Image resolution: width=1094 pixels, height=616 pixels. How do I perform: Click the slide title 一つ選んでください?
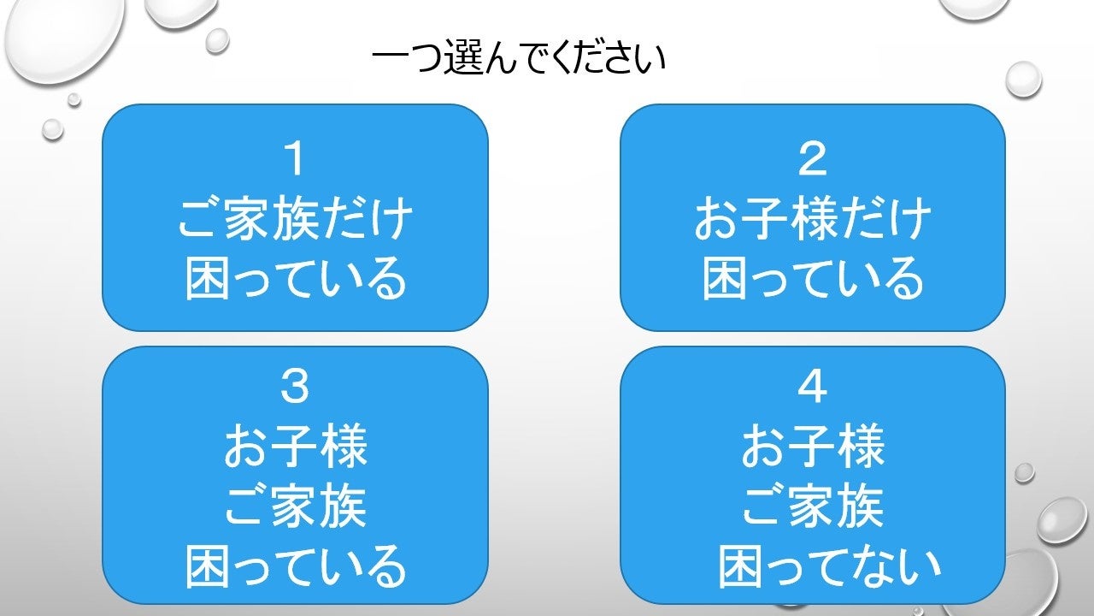(x=519, y=61)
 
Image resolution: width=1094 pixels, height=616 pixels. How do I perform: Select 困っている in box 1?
(x=295, y=278)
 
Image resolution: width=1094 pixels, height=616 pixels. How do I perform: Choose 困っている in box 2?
(x=812, y=278)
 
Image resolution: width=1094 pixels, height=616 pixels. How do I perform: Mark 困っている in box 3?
(x=295, y=566)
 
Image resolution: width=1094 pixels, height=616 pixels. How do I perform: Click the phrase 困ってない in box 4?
(x=829, y=566)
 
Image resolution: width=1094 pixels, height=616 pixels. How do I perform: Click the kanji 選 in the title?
(x=467, y=61)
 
